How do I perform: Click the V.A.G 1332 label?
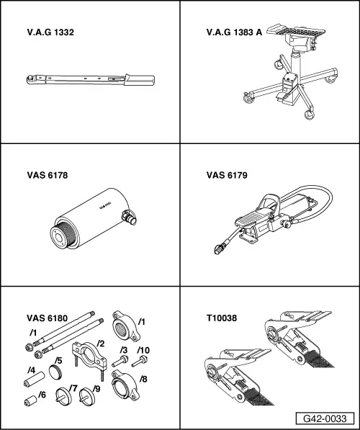(x=50, y=32)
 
